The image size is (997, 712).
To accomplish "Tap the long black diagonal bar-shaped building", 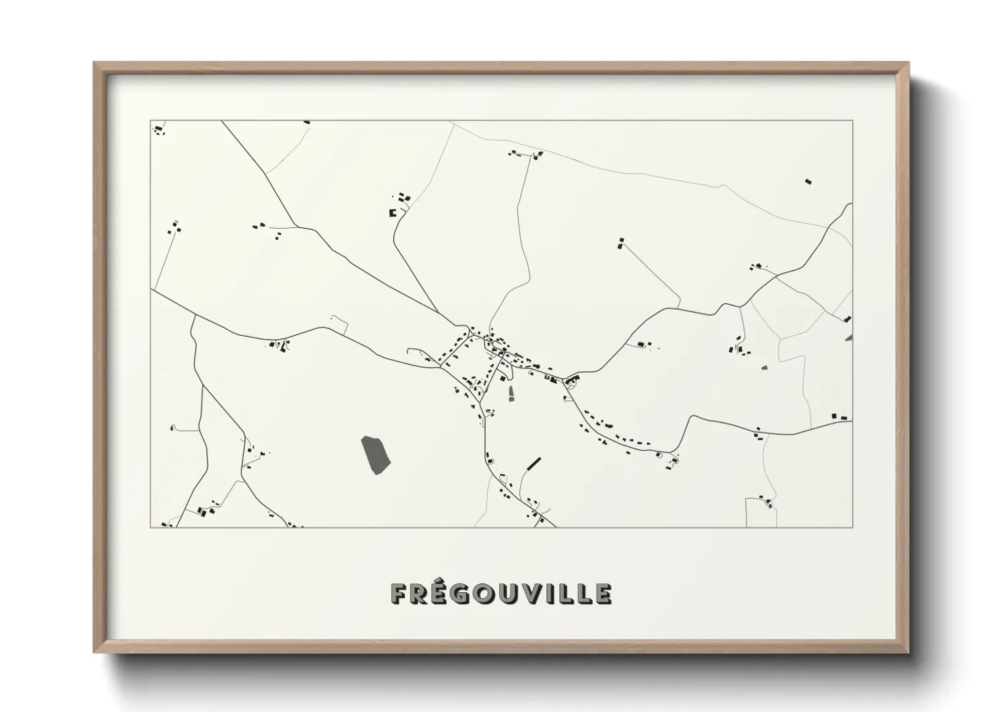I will coord(534,463).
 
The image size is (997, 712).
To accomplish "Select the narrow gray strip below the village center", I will coord(511,394).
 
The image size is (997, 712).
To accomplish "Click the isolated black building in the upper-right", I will coord(808,181).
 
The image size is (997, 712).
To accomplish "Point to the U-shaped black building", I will coord(392,213).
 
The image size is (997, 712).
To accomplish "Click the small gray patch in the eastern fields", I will coord(764,367).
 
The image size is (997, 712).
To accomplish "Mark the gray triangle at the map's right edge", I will coord(849,336).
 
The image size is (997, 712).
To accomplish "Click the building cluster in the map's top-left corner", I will coord(159,129).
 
